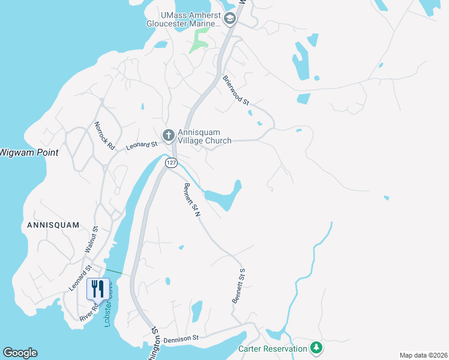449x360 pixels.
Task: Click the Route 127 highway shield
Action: point(172,163)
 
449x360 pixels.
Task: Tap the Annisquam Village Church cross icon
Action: point(169,134)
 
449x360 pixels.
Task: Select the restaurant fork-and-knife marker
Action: point(97,289)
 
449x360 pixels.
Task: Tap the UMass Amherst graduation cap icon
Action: point(229,19)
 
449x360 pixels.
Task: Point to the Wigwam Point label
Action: point(29,152)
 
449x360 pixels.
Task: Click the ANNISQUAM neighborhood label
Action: point(53,225)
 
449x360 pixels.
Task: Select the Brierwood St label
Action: point(236,90)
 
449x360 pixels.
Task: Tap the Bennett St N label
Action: point(191,200)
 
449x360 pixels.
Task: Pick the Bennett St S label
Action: point(239,286)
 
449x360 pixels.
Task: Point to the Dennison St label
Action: point(181,339)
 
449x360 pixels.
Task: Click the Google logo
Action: point(20,353)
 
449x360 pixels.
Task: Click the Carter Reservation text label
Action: point(271,349)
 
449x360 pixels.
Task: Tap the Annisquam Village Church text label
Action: point(204,137)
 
